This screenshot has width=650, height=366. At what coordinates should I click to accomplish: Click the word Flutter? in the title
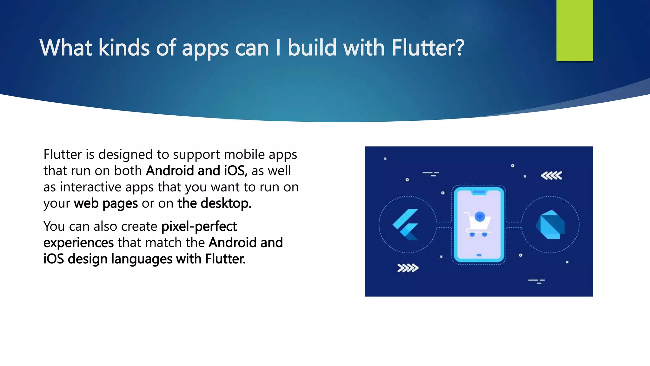pyautogui.click(x=428, y=48)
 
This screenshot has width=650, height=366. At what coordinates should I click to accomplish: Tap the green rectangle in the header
pyautogui.click(x=574, y=30)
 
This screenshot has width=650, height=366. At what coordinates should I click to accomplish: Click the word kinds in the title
pyautogui.click(x=124, y=48)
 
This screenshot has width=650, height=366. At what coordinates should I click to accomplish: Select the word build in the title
pyautogui.click(x=312, y=48)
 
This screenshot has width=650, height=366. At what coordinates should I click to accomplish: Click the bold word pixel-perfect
pyautogui.click(x=199, y=227)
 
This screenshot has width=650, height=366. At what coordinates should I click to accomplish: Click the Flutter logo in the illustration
pyautogui.click(x=406, y=224)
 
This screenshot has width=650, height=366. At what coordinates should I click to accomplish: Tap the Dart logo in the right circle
pyautogui.click(x=551, y=225)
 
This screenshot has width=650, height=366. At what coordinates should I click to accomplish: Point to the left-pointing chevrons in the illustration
pyautogui.click(x=551, y=176)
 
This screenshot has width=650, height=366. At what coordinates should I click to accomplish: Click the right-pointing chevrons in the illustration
pyautogui.click(x=408, y=268)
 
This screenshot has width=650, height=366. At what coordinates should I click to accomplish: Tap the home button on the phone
pyautogui.click(x=479, y=255)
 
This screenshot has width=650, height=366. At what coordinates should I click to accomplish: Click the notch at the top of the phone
pyautogui.click(x=479, y=192)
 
